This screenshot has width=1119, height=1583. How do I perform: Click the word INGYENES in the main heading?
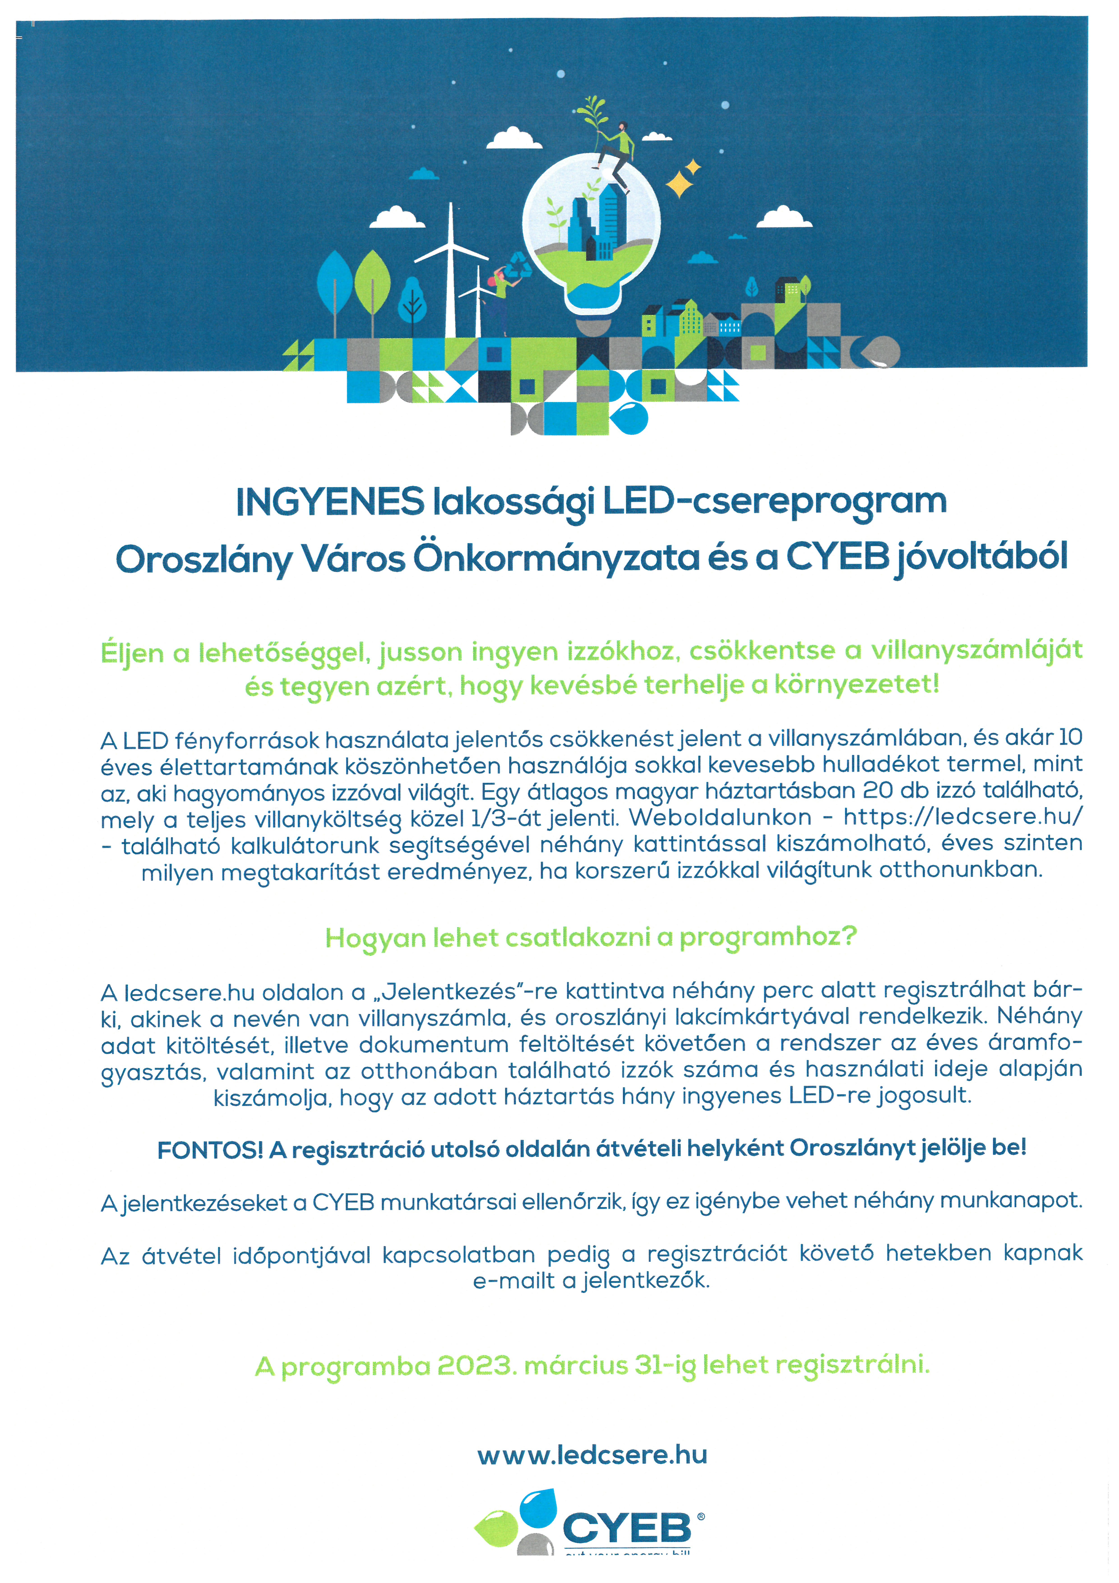coord(330,502)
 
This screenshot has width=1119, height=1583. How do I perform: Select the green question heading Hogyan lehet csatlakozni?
coord(591,938)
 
